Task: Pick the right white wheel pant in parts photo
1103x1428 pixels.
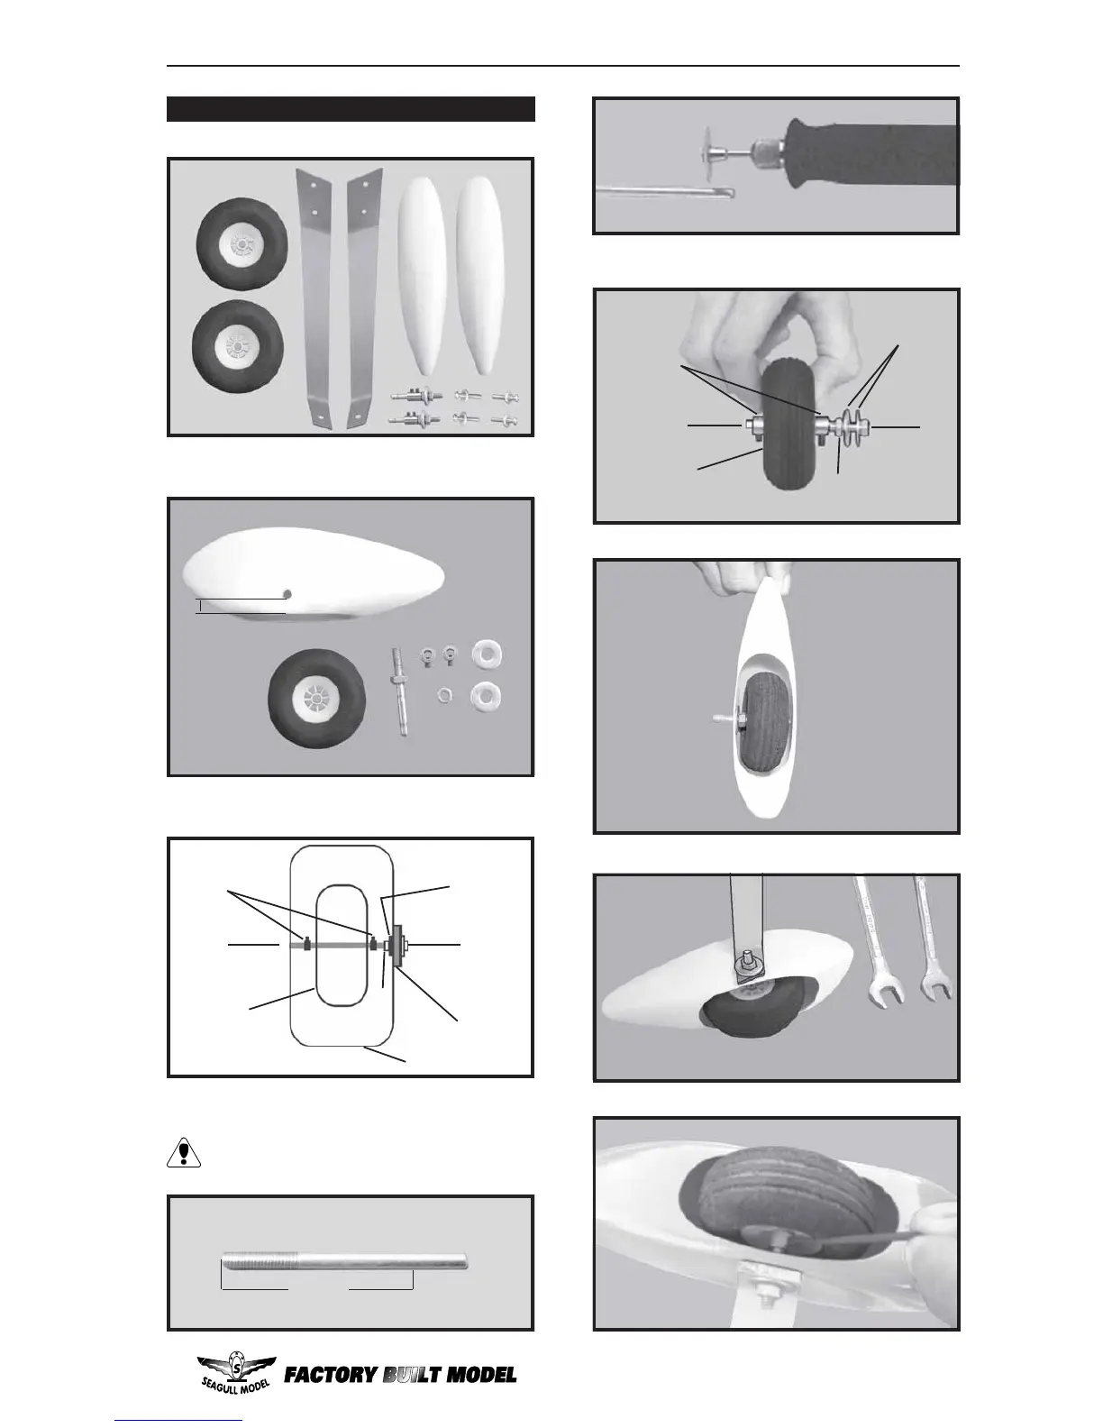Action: point(478,276)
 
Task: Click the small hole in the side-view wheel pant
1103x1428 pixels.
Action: point(287,593)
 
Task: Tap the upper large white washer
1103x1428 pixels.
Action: point(486,655)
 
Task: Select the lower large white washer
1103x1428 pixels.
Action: point(486,696)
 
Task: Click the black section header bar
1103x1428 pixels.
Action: point(351,109)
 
